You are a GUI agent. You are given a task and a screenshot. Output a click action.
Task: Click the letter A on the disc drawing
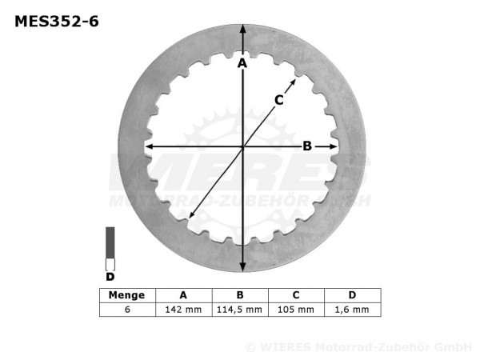tap(242, 62)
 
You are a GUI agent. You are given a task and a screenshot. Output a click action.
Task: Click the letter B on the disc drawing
tap(306, 146)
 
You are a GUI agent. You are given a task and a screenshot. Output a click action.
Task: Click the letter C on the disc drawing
tap(279, 99)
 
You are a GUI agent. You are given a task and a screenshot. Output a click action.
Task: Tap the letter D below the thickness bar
tap(110, 278)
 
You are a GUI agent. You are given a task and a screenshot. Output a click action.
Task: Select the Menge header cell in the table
tap(127, 295)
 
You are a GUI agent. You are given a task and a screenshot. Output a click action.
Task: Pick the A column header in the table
tap(183, 295)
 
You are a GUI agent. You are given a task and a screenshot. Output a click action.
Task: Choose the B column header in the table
tap(239, 295)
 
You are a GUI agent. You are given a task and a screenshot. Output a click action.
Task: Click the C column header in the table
tap(295, 295)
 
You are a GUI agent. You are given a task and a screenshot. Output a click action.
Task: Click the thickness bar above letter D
tap(110, 248)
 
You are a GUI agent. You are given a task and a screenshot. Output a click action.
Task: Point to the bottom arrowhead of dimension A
tap(242, 269)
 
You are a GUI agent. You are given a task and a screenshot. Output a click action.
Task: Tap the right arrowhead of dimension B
tap(334, 146)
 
